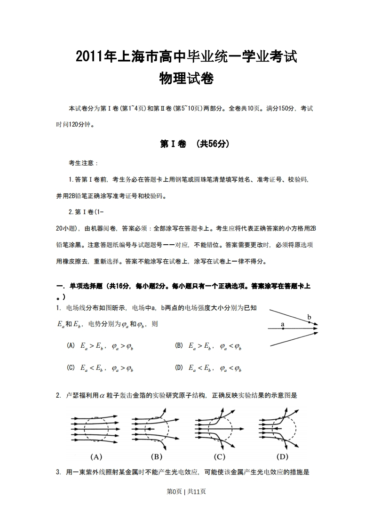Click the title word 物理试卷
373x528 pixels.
pos(187,79)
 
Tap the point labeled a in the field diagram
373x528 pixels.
pos(283,328)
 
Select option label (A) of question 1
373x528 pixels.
pos(71,346)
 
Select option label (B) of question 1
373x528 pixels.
pos(179,346)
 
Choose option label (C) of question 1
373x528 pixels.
pos(71,368)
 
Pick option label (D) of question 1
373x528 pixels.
pos(179,368)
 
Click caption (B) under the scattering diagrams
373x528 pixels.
pos(157,456)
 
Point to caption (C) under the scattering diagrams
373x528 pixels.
pos(219,456)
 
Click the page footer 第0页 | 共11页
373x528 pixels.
pos(186,491)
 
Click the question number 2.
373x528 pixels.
pos(58,396)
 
